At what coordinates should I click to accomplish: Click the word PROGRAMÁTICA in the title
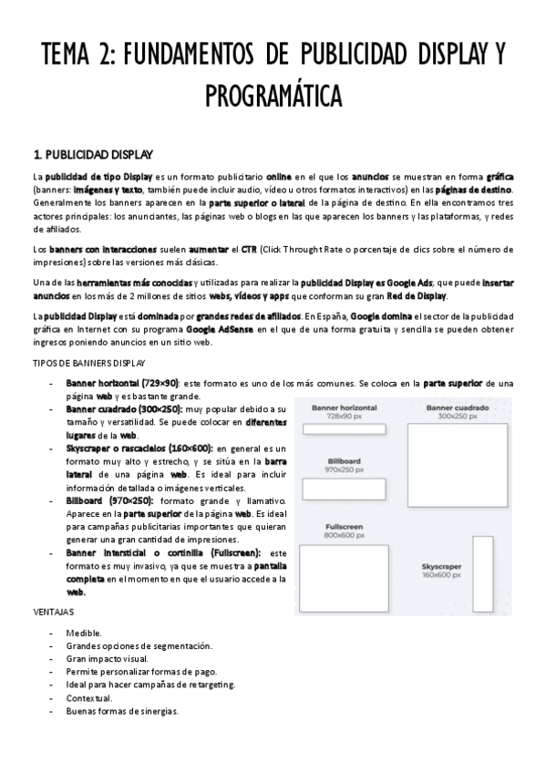coord(273,95)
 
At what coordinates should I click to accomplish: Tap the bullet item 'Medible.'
coord(84,633)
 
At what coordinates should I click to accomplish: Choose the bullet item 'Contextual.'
coord(89,698)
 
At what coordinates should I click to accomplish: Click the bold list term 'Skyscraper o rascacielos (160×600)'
coord(139,448)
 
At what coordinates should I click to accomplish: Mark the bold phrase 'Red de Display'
coord(417,296)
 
